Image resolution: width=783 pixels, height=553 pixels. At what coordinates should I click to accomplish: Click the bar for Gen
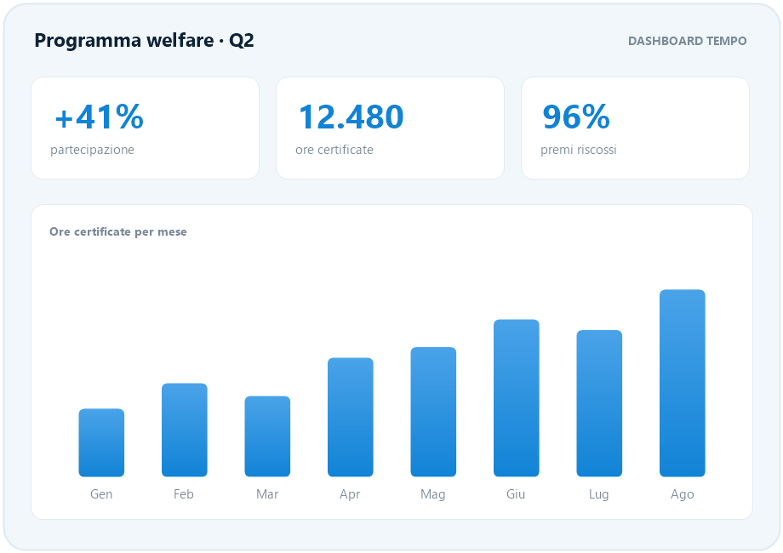[x=101, y=442]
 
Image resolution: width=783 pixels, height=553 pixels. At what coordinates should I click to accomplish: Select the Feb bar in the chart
[x=185, y=430]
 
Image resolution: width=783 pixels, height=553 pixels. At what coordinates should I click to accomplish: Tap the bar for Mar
[x=267, y=436]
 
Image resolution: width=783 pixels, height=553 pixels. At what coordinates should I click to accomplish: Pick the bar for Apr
[x=350, y=417]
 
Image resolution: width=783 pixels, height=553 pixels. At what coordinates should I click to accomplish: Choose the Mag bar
[x=433, y=412]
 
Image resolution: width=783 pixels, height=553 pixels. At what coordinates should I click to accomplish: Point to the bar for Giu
[x=517, y=398]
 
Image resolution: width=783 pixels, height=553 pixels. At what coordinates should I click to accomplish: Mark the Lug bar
[x=599, y=403]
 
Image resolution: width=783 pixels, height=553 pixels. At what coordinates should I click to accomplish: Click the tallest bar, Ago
[x=682, y=383]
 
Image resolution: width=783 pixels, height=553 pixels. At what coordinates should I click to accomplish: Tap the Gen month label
[x=101, y=494]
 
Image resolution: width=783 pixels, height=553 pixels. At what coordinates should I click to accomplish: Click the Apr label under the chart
[x=350, y=494]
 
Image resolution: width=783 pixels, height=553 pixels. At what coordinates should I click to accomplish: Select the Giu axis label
[x=516, y=494]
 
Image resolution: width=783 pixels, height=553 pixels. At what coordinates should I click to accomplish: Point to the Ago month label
[x=682, y=494]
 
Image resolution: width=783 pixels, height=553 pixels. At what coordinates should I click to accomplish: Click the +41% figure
[x=100, y=117]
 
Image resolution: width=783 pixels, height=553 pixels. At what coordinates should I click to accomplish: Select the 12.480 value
[x=351, y=117]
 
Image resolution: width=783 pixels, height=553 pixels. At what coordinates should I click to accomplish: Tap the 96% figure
[x=576, y=117]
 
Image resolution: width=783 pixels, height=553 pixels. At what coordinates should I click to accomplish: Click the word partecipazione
[x=93, y=150]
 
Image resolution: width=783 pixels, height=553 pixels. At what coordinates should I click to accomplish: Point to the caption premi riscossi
[x=578, y=150]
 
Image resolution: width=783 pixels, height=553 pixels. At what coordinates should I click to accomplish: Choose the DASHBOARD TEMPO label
[x=687, y=41]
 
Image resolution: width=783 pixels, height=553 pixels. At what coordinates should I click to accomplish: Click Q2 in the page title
[x=242, y=41]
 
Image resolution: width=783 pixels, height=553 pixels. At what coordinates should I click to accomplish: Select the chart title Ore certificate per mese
[x=117, y=231]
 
